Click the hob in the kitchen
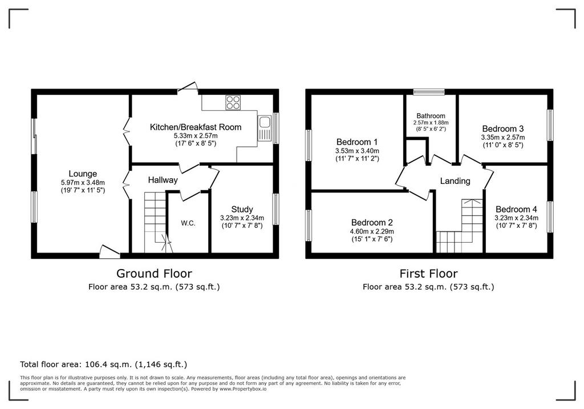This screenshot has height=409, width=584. click(233, 103)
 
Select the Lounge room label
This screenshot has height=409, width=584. click(83, 174)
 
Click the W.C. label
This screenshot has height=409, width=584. click(188, 223)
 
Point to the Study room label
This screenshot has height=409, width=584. click(242, 209)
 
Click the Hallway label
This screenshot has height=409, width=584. click(163, 181)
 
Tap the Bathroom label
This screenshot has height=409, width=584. click(431, 116)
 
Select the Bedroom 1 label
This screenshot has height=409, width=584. click(357, 142)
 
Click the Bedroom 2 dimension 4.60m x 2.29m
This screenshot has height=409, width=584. click(372, 232)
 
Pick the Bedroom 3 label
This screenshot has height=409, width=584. click(503, 129)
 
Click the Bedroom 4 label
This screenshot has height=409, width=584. click(516, 209)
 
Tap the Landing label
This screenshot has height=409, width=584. click(455, 181)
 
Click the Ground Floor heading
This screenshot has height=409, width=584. click(154, 274)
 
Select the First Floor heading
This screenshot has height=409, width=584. click(428, 274)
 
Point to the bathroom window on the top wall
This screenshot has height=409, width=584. click(429, 92)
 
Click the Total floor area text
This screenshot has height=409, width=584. click(104, 364)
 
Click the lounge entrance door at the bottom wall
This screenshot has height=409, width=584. click(109, 252)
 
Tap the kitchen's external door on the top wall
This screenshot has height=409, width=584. click(188, 87)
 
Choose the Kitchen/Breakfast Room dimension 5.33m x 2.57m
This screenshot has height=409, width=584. click(196, 136)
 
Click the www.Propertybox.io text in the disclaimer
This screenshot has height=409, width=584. click(243, 389)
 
